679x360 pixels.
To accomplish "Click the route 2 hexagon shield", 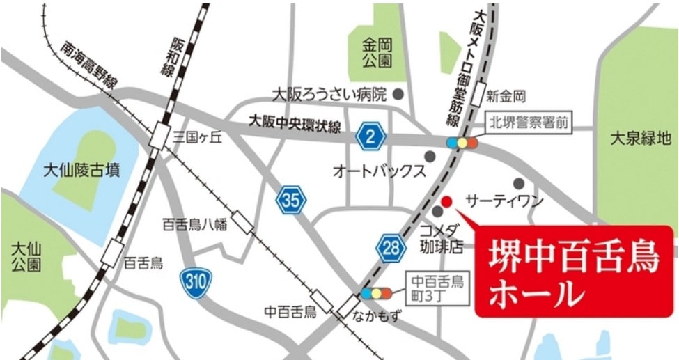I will point(370,136).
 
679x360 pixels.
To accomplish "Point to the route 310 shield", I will point(195,282).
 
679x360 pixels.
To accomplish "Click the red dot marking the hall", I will point(447,201).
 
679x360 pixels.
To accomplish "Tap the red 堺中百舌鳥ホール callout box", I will point(575,272).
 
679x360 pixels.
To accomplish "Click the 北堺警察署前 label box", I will point(529,123).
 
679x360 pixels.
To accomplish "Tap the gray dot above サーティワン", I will point(518,183).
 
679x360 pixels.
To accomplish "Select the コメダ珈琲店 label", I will point(442,238).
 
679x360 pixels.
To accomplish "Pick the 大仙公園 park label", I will point(26,256).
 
